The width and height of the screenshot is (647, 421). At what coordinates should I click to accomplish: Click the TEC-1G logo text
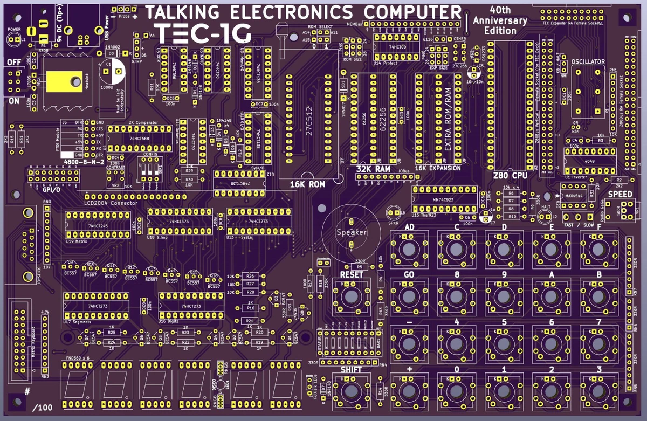202,33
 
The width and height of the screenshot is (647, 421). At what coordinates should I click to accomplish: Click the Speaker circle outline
351,232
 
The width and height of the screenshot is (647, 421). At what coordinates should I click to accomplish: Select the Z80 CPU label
510,176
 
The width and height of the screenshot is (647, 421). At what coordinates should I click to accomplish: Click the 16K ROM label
308,184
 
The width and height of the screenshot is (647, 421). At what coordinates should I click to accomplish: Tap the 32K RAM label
373,169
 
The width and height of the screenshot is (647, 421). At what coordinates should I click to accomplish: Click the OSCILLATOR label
588,63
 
